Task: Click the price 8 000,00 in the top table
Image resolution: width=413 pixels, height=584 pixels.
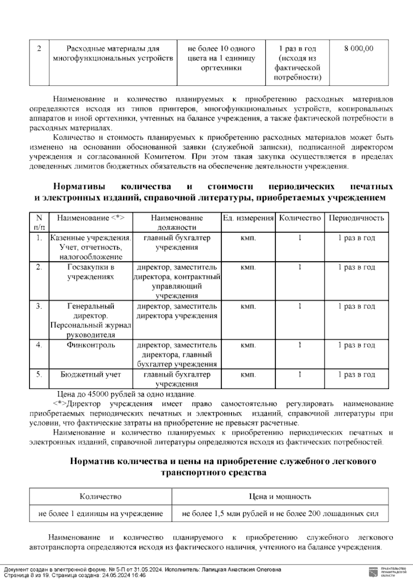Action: point(359,48)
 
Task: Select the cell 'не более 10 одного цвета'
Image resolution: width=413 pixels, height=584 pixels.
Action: point(221,58)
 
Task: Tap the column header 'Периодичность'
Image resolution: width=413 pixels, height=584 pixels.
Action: point(356,218)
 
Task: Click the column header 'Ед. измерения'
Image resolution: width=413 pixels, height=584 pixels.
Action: point(248,218)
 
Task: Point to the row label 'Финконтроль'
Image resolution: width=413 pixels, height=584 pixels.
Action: point(91,345)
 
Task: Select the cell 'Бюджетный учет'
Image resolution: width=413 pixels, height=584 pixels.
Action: point(91,375)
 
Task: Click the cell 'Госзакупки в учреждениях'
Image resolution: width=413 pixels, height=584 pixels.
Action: point(91,272)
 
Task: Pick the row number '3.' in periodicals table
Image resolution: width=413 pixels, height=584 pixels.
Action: point(39,306)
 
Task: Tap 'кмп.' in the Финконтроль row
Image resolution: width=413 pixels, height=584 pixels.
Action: point(248,345)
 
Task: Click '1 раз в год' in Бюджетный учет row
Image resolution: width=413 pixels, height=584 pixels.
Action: point(356,375)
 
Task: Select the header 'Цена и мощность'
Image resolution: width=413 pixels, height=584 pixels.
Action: point(280,496)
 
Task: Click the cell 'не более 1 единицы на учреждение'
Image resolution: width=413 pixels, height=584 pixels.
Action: point(100,514)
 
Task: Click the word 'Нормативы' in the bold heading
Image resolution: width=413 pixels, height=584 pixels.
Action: point(80,187)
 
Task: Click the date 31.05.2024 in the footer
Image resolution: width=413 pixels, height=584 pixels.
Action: point(137,570)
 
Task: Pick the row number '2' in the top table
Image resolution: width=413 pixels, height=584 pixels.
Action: point(39,48)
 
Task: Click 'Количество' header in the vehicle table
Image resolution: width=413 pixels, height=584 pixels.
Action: point(100,496)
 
